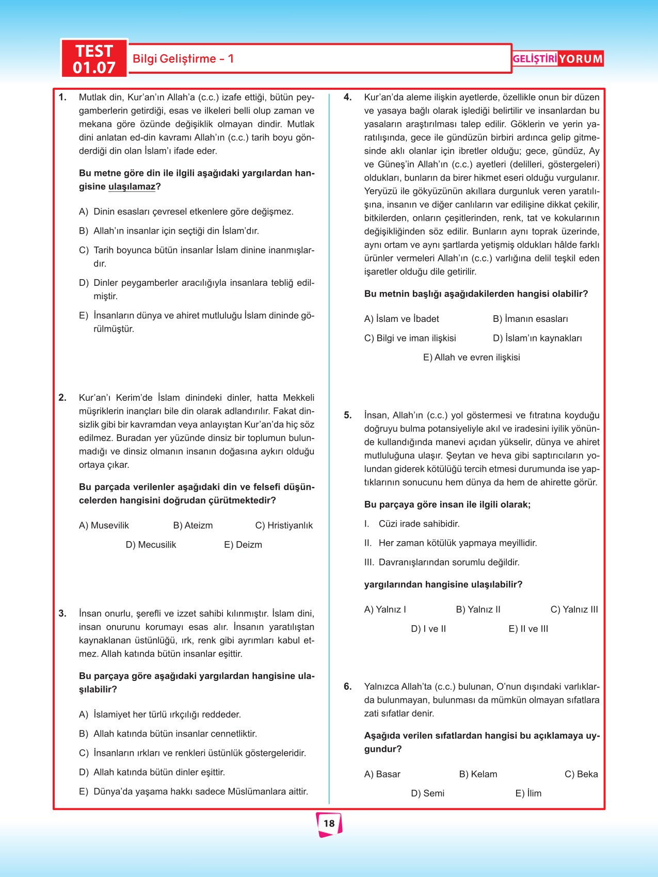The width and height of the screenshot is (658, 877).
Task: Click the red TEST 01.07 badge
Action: pos(94,59)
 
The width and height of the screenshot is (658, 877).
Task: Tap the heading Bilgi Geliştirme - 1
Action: pos(183,59)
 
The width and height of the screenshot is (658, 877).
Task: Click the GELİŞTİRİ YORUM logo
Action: pos(557,59)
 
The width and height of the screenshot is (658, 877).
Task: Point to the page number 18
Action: pos(329,823)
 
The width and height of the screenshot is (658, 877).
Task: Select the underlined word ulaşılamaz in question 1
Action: pos(132,187)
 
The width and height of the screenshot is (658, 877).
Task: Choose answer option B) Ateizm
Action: pos(193,526)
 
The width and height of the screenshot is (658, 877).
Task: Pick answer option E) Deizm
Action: pos(243,545)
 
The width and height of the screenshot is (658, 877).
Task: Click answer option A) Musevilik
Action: pos(104,526)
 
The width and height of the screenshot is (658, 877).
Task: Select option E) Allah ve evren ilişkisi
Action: pos(471,358)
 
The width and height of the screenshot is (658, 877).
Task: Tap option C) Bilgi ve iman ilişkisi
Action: pos(410,338)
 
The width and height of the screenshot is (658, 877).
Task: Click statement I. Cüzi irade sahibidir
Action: pos(412,524)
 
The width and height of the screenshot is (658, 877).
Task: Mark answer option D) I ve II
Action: pos(428,629)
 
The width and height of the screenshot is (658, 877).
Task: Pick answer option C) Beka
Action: pos(581,774)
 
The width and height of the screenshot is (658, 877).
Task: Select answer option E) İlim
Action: pos(528,793)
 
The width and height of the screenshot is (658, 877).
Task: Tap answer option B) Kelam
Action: pos(478,774)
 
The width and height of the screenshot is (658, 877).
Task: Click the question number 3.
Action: pos(62,614)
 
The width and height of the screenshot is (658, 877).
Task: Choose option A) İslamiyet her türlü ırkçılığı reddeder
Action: pos(160,715)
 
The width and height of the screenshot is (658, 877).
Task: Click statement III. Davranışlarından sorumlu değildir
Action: pos(442,562)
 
